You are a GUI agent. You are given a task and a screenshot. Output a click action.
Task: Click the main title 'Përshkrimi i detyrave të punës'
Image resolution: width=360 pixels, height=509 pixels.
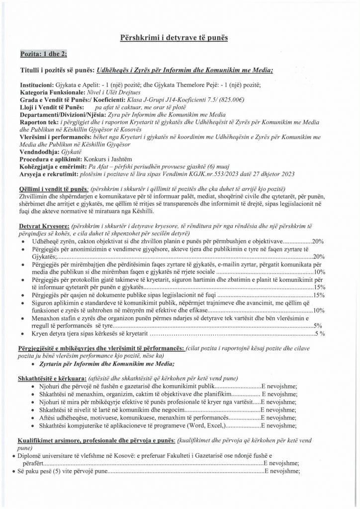180,38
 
